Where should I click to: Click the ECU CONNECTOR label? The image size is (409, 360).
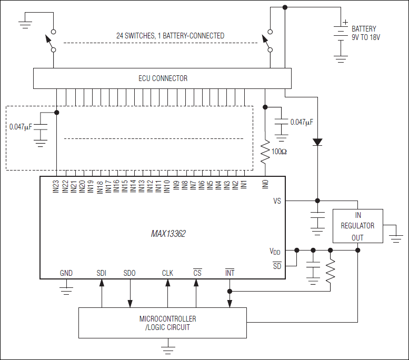point(162,78)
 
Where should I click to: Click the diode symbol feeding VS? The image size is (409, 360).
point(317,142)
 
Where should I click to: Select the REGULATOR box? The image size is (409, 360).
point(357,226)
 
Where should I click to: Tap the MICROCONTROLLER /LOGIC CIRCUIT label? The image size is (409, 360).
point(168,323)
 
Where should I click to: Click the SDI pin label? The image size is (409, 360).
point(102,273)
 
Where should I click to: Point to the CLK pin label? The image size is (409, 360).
point(167,273)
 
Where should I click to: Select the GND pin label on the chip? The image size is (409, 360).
point(66,273)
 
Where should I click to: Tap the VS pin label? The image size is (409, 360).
point(277,201)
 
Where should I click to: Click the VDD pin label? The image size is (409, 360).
point(275,252)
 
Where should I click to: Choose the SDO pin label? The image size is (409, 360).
point(129,273)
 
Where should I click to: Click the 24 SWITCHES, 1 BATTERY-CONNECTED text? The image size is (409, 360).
point(170,36)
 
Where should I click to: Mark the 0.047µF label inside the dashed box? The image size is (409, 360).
point(21,127)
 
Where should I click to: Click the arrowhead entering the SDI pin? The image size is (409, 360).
point(102,283)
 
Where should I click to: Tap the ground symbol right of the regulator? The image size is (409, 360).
point(395,237)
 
